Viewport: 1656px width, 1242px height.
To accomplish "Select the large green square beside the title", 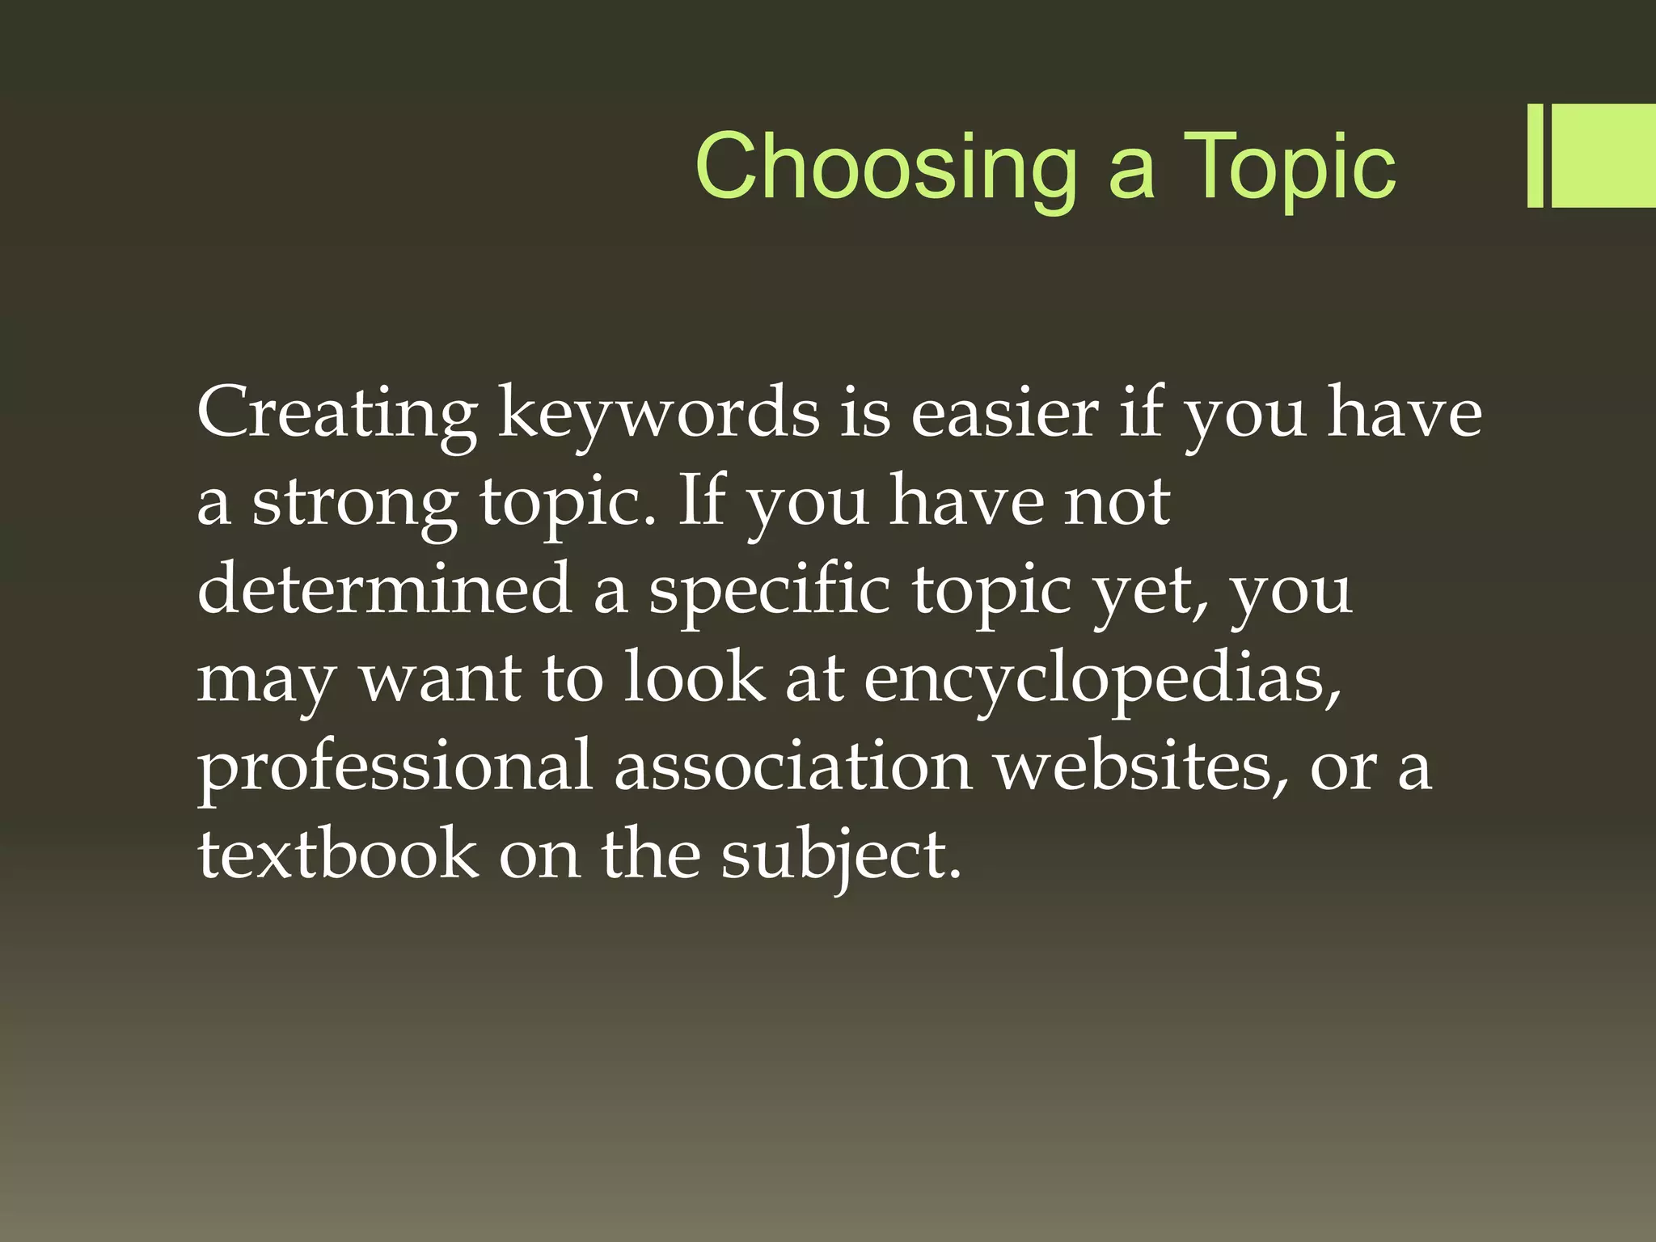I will pos(1603,156).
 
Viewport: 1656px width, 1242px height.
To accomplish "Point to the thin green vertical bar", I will pos(1535,156).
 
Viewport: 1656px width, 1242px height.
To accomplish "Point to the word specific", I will pos(769,590).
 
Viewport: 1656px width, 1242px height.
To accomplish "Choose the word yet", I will pos(1148,590).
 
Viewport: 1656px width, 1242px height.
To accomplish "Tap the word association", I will pos(792,767).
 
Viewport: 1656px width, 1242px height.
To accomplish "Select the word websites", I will pos(1141,767).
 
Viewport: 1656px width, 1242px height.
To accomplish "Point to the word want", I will pos(440,679).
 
